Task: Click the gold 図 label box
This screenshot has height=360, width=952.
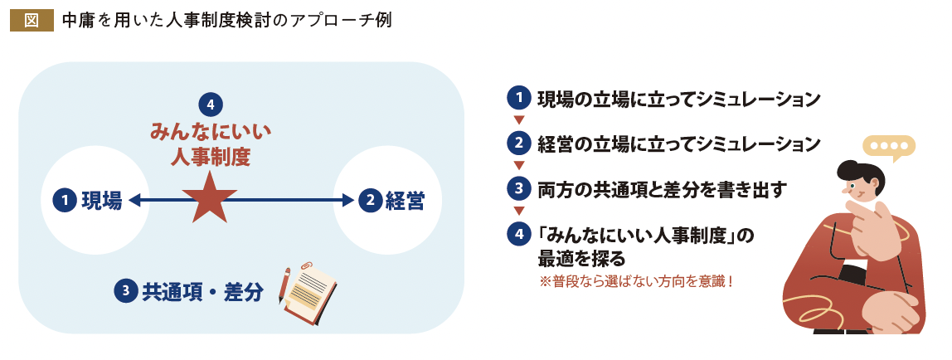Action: click(32, 20)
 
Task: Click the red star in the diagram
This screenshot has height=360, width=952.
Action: click(203, 199)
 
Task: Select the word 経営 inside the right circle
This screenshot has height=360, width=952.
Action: click(405, 200)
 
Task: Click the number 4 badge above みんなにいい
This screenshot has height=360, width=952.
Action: click(211, 105)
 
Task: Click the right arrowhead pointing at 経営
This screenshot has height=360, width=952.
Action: click(347, 200)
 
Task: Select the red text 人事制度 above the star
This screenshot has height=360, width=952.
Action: click(211, 155)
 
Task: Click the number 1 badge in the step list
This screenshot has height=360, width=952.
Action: click(518, 98)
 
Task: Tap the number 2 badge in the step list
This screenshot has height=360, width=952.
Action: click(518, 143)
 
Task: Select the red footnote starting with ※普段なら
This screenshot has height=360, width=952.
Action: click(636, 281)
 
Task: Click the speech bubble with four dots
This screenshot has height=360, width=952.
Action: click(888, 146)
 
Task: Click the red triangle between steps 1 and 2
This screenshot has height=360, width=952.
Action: click(519, 120)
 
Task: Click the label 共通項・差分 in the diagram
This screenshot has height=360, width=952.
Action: click(202, 291)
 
